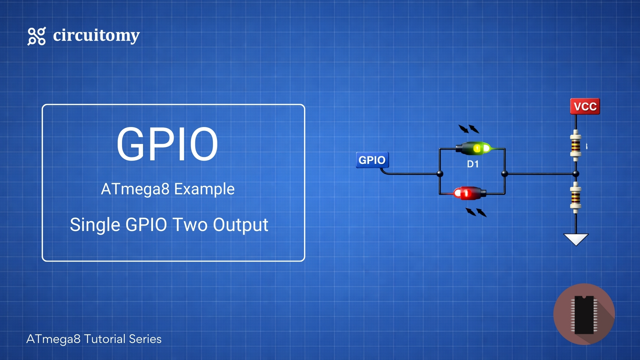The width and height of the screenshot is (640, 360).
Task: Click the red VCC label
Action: coord(585,107)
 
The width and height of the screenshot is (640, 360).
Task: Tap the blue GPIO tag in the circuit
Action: coord(372,160)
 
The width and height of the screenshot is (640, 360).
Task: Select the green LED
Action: coord(473,148)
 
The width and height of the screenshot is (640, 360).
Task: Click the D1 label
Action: coord(473,164)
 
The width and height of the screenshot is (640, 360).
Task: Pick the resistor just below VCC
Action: coord(576,146)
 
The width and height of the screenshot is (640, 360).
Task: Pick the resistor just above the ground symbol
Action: coord(576,197)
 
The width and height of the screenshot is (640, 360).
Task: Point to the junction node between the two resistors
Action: coord(576,174)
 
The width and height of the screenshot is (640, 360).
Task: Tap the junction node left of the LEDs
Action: coord(440,174)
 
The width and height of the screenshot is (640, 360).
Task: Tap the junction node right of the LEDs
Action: coord(505,174)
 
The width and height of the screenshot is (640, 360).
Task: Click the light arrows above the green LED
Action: coord(469,129)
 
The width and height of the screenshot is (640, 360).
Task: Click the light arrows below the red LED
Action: coord(476,212)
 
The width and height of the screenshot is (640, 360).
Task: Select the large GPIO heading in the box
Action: coord(167,144)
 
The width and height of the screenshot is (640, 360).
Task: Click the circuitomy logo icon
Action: coord(36,36)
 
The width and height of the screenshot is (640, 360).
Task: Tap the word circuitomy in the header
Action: coord(96,35)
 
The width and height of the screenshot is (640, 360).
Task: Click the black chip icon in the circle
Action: coord(584,314)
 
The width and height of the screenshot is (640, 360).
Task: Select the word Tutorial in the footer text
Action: coord(105,339)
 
